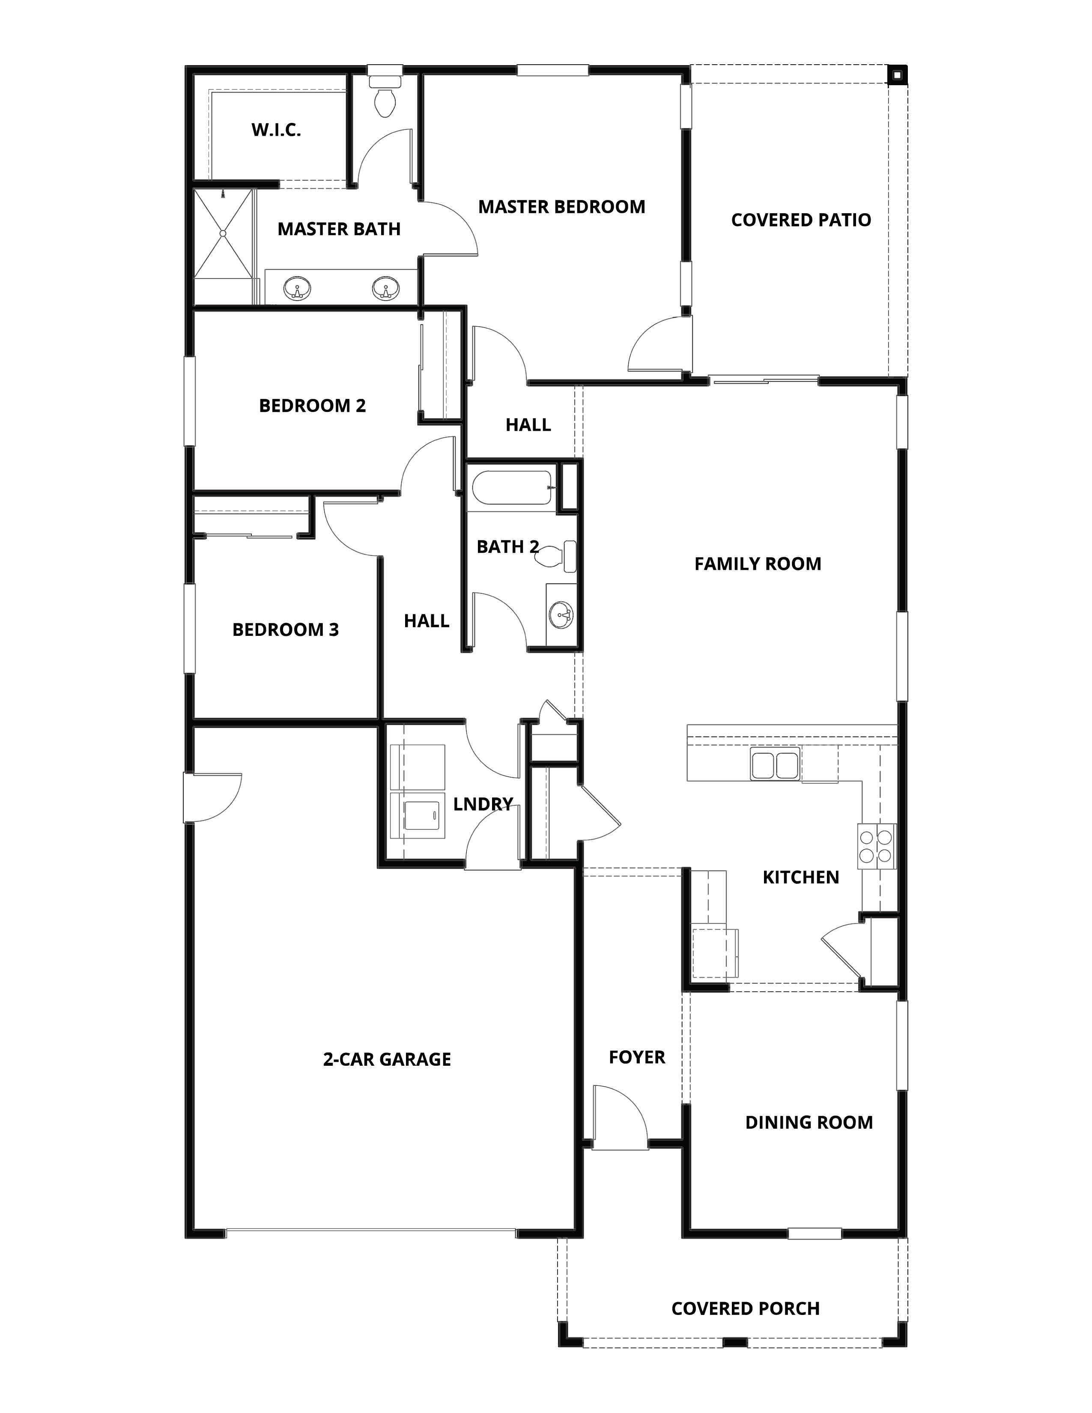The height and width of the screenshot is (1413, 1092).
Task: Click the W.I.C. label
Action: [x=276, y=130]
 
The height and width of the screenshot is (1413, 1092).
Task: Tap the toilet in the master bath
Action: [x=385, y=99]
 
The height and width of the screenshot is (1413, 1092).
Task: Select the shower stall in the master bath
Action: [x=223, y=233]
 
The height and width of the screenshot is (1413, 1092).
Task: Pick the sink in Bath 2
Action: [x=560, y=614]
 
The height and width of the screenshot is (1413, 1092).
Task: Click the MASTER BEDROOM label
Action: [x=561, y=207]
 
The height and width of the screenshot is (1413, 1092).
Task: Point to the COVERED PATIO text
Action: [x=801, y=220]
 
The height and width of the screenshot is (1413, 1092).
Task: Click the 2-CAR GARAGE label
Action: [x=387, y=1059]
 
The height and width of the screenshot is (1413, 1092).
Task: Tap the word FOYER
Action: [x=636, y=1057]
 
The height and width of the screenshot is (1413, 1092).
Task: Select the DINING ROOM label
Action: [x=809, y=1123]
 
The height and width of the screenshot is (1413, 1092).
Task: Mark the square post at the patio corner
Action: [x=897, y=75]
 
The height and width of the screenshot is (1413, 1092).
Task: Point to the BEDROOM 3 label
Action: [x=285, y=629]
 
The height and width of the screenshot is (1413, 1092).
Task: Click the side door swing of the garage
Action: [x=214, y=797]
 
